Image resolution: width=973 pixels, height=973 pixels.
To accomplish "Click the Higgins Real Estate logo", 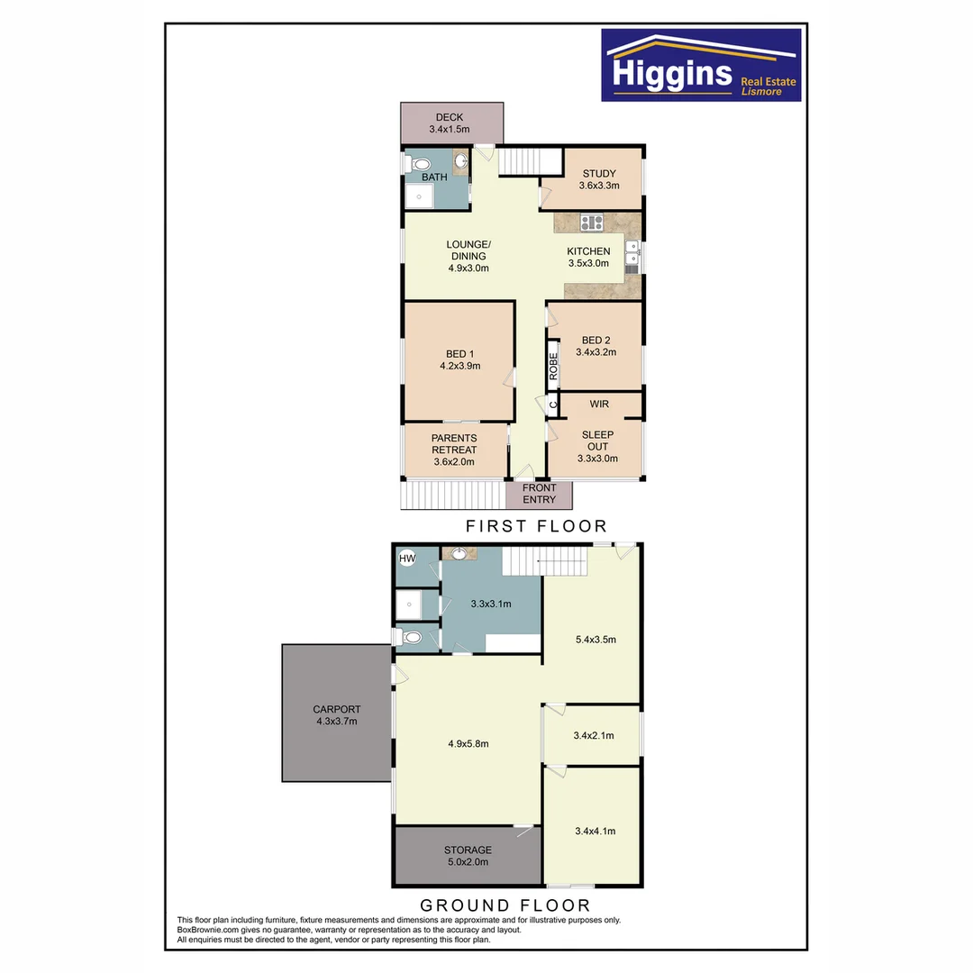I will pos(701,65).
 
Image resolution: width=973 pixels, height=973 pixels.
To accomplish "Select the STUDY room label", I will pos(599,174).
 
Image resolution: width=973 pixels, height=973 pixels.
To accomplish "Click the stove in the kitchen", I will pos(591,222).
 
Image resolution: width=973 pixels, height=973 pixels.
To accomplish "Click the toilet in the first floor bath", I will pos(417,164).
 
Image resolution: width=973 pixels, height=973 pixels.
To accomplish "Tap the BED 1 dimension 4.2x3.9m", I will pos(459,366).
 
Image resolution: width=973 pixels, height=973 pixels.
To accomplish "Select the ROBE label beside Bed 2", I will pos(554,365).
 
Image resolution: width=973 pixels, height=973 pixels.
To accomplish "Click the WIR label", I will pos(599,405).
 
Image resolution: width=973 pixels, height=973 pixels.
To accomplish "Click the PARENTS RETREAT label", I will pos(454,444).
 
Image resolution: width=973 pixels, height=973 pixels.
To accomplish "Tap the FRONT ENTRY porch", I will pos(539,494).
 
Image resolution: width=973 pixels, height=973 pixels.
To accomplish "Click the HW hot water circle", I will pos(407,559).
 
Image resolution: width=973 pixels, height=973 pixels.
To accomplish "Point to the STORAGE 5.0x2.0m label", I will pos(468,855).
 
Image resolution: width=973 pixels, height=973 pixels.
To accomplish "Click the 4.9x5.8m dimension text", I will pos(468,743).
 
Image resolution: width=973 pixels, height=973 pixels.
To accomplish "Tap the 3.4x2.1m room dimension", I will pos(594,735).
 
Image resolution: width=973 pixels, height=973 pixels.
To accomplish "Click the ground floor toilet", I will pos(411,637).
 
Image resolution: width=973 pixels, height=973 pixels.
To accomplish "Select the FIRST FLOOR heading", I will pos(535,525).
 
